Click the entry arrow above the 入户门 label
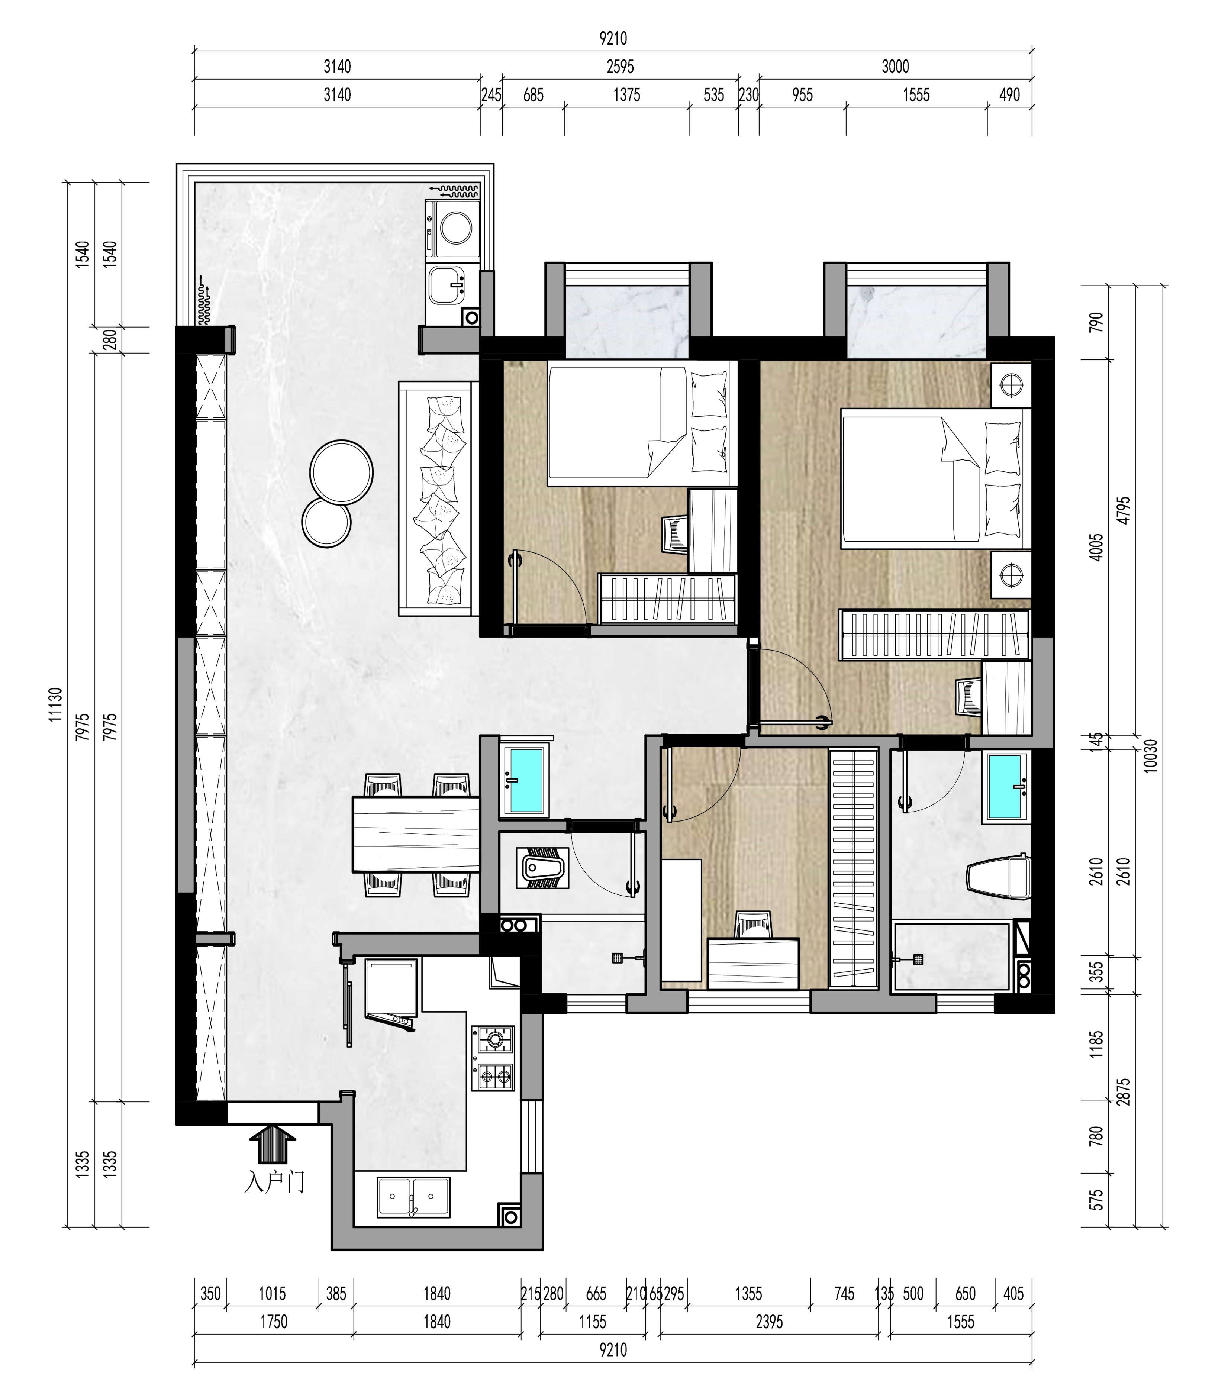coord(273,1142)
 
